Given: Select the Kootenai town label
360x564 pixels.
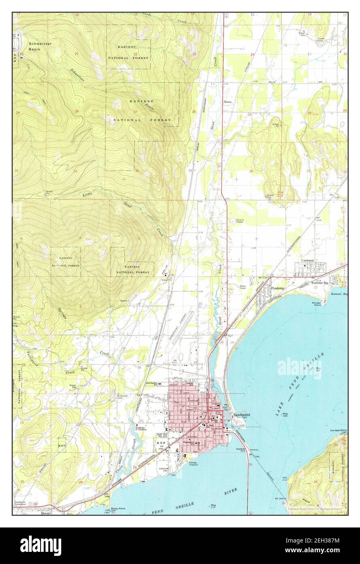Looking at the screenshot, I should [308, 260].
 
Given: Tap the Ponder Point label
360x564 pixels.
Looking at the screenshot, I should [317, 305].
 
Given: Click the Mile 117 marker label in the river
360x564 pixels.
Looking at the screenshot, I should [213, 506].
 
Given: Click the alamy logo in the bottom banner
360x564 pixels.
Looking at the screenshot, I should [41, 544].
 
